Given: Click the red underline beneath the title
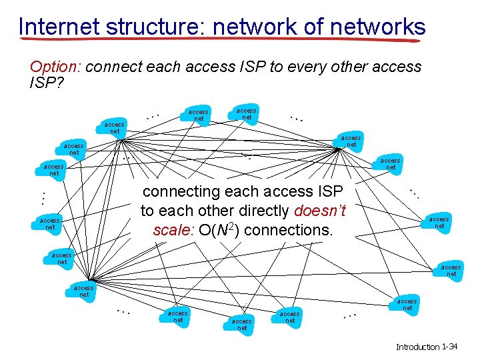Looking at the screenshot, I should point(220,40).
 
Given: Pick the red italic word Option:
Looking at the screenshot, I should point(55,67).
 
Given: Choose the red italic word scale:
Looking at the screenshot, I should point(173,231).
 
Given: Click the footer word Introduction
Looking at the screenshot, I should point(417,347).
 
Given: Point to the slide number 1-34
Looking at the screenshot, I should point(453,347).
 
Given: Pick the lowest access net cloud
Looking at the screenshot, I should point(242,324).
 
